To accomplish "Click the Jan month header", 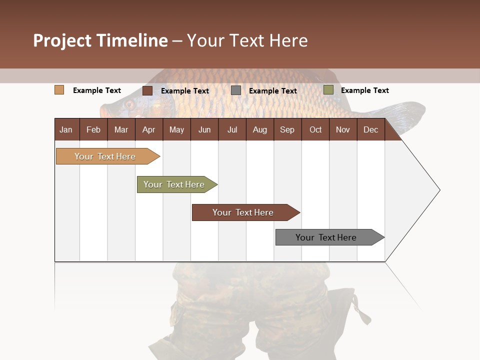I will [x=66, y=129].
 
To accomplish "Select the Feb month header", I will [x=93, y=129].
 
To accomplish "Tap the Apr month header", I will [x=148, y=129].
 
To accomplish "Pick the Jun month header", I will [x=204, y=129].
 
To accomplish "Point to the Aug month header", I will [x=259, y=129].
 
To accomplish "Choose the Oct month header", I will [x=315, y=129].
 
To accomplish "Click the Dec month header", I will [x=370, y=129].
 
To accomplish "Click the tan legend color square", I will [x=59, y=90].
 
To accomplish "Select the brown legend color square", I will [x=147, y=90].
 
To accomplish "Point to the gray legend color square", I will [x=236, y=90].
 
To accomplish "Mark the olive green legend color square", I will [x=328, y=90].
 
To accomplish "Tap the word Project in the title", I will [x=62, y=40].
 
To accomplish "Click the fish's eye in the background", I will [x=129, y=104].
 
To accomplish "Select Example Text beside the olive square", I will [x=364, y=90].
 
